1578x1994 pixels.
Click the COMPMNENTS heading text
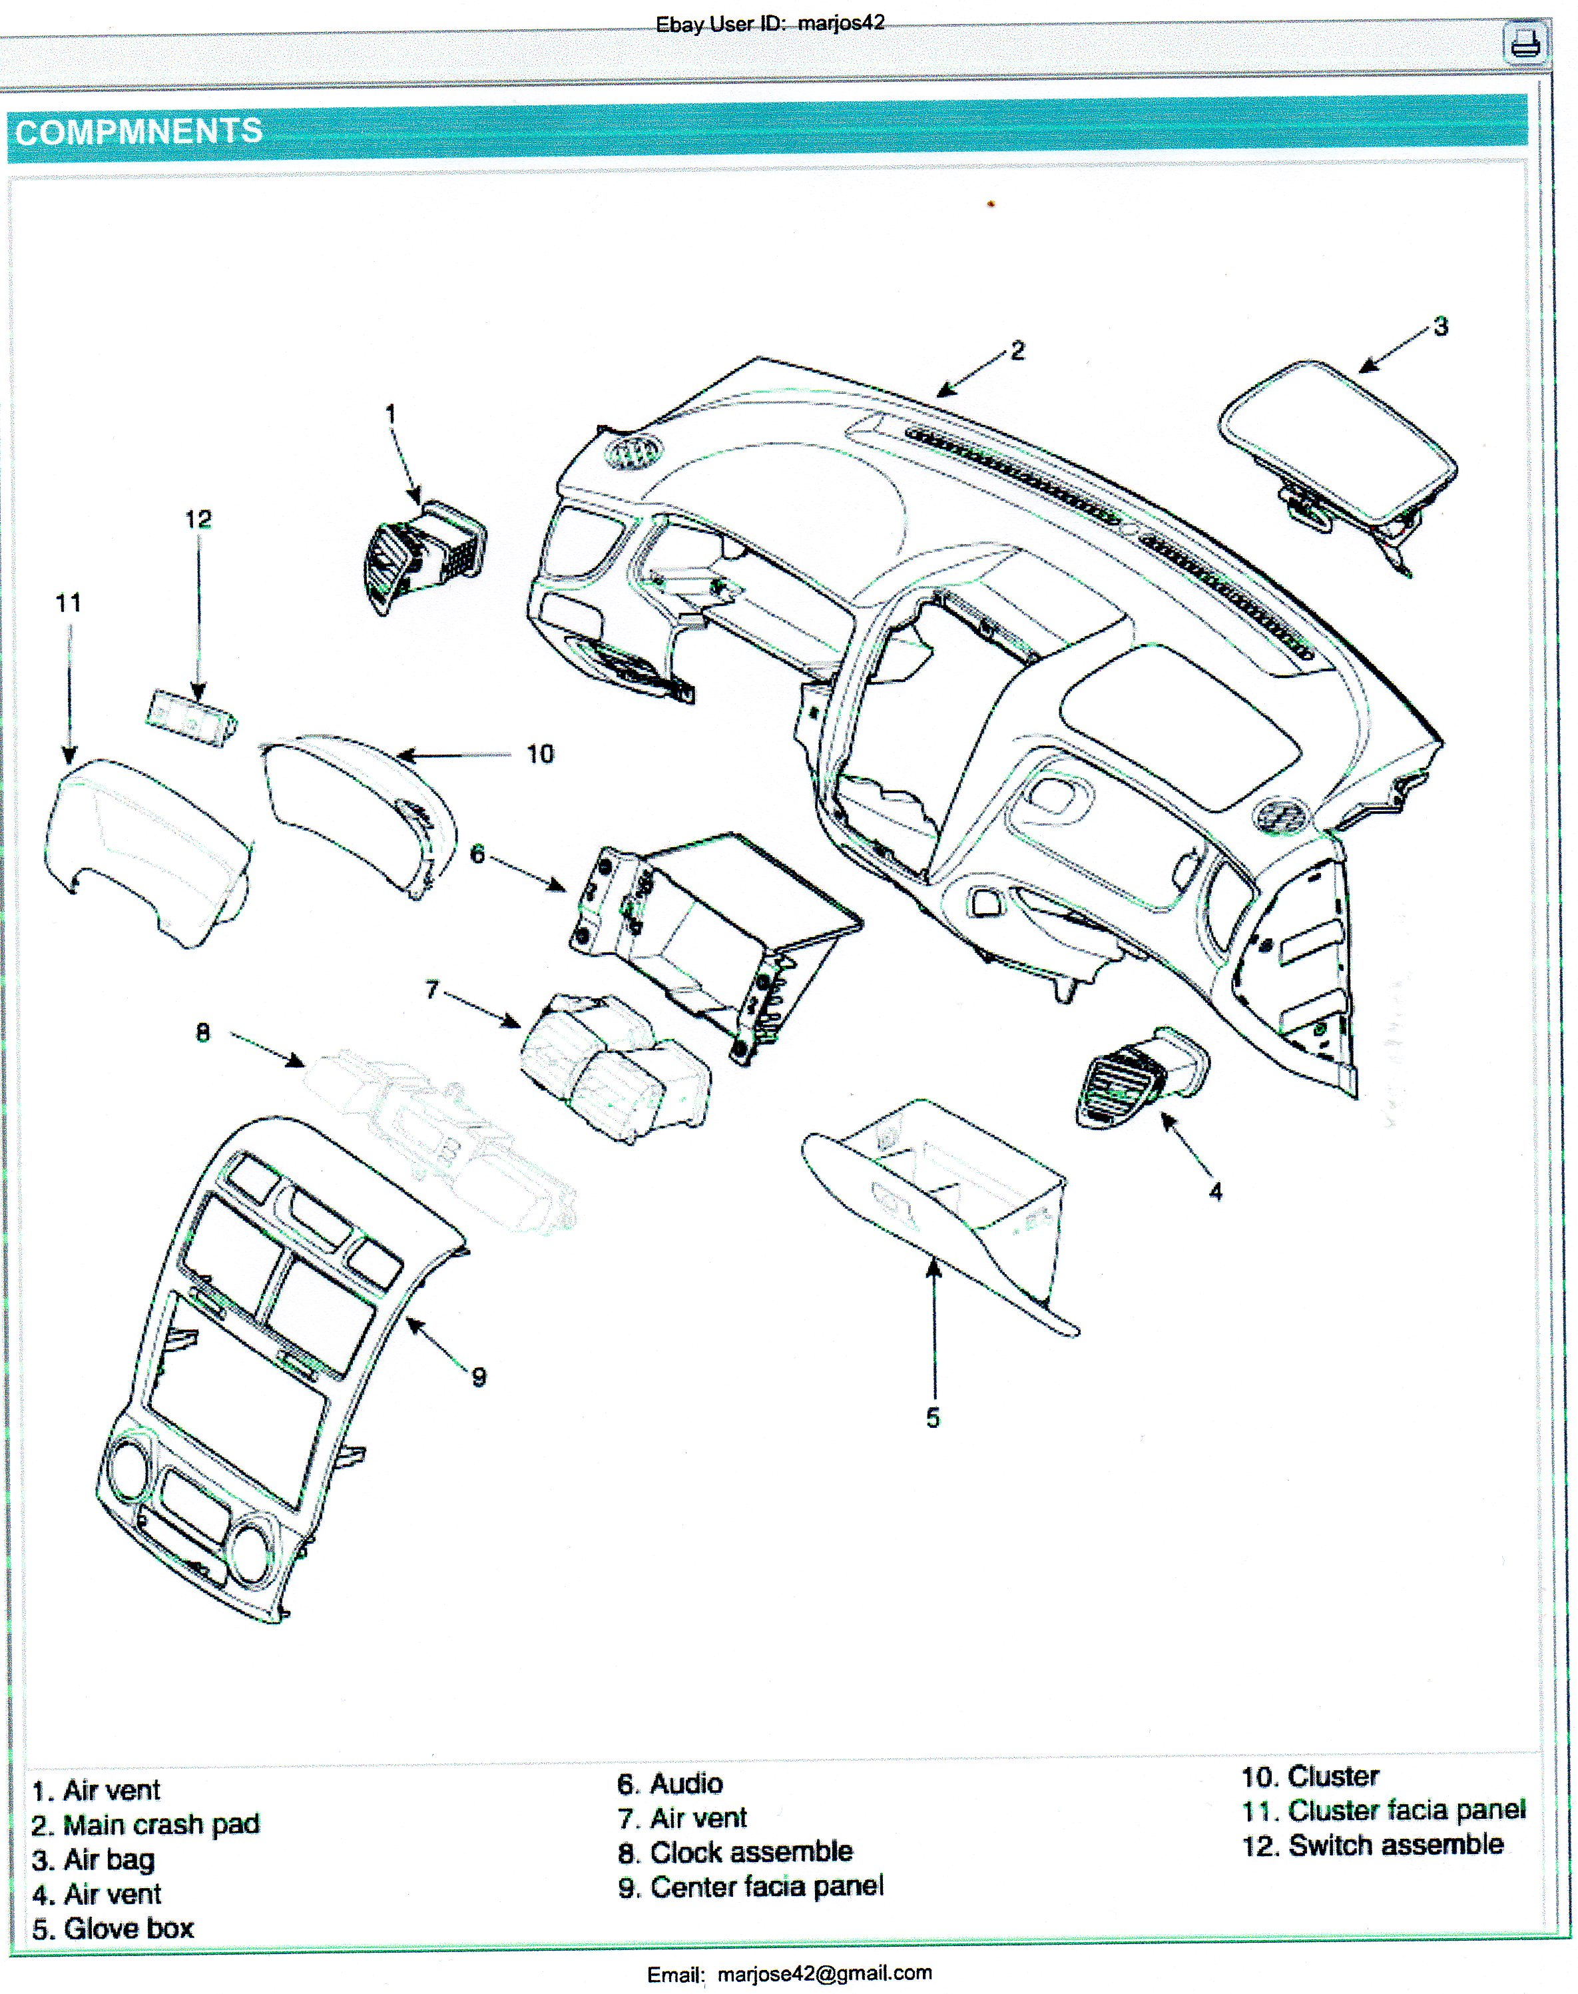point(138,132)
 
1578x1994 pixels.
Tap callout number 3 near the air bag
point(1440,326)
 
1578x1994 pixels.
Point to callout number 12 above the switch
point(198,520)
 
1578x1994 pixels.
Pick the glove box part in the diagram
point(942,1210)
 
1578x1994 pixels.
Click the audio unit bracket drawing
point(711,933)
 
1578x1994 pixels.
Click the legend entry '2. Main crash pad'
point(146,1825)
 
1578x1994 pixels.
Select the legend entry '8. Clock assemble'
point(736,1851)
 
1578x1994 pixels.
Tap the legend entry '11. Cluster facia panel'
point(1383,1810)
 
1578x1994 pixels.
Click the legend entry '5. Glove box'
point(113,1928)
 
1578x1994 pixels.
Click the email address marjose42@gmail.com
point(824,1973)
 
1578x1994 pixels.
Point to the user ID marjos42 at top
point(841,23)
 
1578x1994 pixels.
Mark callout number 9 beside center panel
point(479,1377)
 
